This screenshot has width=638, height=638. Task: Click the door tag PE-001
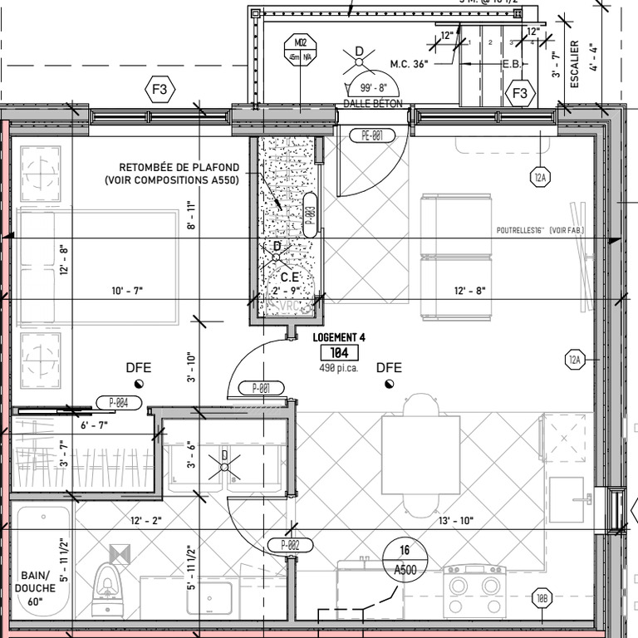click(371, 136)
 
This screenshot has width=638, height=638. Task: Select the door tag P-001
click(261, 388)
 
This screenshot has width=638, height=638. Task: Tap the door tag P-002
click(289, 545)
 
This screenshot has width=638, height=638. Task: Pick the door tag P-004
click(119, 403)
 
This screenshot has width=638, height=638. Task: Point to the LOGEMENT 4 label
click(340, 337)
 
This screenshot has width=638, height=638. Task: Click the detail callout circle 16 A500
click(405, 559)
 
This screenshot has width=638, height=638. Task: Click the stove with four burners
click(474, 591)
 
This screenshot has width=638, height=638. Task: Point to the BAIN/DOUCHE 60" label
click(35, 589)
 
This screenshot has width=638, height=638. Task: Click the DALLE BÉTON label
click(372, 104)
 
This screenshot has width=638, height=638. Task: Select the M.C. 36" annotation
click(409, 64)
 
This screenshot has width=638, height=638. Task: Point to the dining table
click(420, 454)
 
